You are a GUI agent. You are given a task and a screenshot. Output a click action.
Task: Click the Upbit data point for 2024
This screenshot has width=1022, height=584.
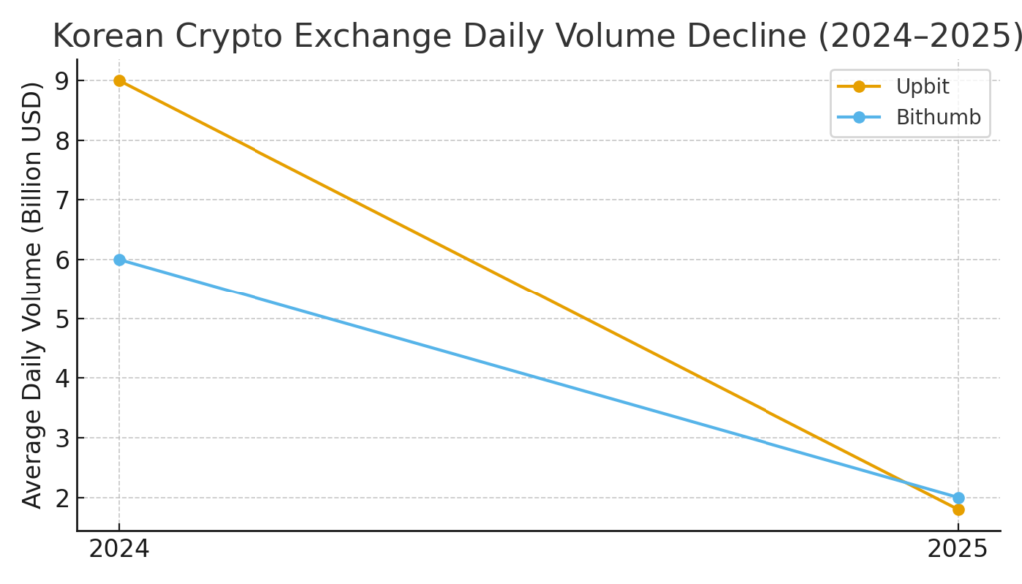point(119,80)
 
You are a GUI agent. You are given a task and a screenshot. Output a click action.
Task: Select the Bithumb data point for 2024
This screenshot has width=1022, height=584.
point(119,260)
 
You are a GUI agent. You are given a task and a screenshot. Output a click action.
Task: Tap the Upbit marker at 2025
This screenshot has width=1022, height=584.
point(958,509)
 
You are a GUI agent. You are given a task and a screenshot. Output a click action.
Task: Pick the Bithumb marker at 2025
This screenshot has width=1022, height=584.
point(958,497)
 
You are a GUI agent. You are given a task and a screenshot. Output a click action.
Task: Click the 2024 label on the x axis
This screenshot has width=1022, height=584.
point(119,550)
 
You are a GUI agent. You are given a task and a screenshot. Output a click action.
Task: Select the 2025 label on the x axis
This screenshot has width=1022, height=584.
point(958,550)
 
